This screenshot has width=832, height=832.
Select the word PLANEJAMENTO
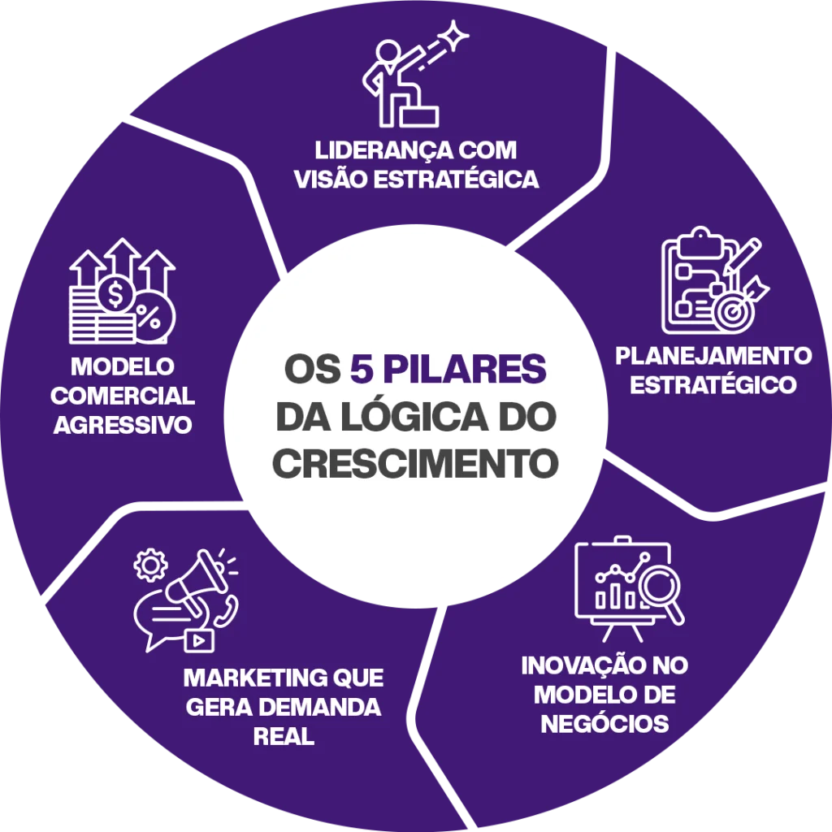tap(713, 356)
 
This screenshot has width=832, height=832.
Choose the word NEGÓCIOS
tap(604, 723)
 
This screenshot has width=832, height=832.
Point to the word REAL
tap(284, 737)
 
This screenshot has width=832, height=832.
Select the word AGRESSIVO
tap(123, 425)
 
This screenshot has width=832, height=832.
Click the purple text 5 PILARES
tap(448, 369)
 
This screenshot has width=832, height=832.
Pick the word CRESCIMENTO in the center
tap(416, 463)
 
